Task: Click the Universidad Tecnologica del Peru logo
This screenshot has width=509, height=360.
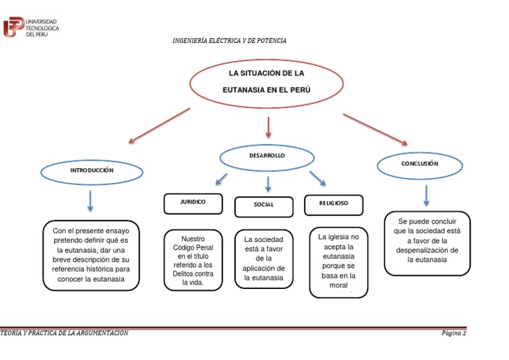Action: pos(31,27)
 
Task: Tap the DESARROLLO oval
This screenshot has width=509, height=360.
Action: pos(267,156)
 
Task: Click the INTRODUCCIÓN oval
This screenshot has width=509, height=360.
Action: pos(92,172)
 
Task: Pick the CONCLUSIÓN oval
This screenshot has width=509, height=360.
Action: pos(420,164)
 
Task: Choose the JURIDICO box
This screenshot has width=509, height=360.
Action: pos(193,203)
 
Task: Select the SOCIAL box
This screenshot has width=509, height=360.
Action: pos(263,206)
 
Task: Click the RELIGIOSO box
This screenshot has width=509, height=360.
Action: pos(333,204)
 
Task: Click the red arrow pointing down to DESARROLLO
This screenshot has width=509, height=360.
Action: pos(268,127)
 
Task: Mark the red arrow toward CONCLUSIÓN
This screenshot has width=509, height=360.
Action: pos(374,129)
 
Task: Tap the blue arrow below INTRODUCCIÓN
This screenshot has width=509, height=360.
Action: pos(90,200)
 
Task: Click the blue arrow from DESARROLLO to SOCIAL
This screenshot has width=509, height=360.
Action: pos(268,184)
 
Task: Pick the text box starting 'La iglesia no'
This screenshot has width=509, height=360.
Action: pos(338,263)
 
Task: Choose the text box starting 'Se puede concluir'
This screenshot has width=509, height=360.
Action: pos(427,243)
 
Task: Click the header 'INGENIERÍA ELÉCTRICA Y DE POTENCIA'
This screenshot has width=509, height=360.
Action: pos(229,41)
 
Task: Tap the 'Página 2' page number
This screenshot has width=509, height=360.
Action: pos(454,333)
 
